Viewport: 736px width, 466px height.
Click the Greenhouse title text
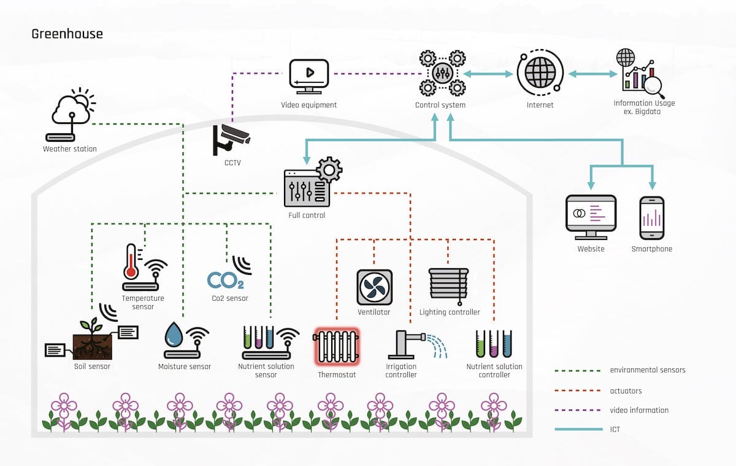point(67,34)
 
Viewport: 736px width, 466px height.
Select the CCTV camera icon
point(231,139)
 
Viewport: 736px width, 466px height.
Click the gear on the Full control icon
point(329,169)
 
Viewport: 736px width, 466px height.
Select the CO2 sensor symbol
point(225,280)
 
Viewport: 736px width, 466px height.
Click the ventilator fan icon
point(374,287)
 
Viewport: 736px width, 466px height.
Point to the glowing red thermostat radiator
point(337,347)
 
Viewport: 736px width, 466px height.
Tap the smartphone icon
point(651,218)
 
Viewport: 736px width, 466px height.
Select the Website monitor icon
point(591,217)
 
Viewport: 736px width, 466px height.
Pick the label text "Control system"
point(440,105)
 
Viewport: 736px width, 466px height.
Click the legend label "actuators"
point(626,390)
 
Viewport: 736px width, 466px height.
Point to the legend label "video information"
point(639,410)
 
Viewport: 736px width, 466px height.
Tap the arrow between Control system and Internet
point(488,74)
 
